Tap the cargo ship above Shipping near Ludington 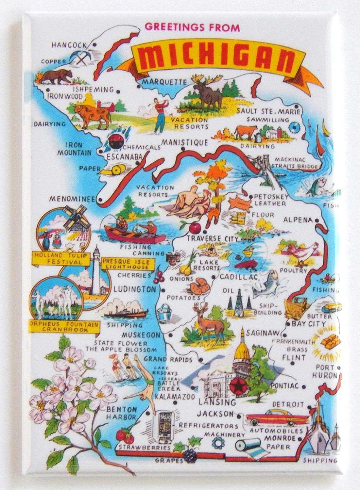pyautogui.click(x=126, y=312)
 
